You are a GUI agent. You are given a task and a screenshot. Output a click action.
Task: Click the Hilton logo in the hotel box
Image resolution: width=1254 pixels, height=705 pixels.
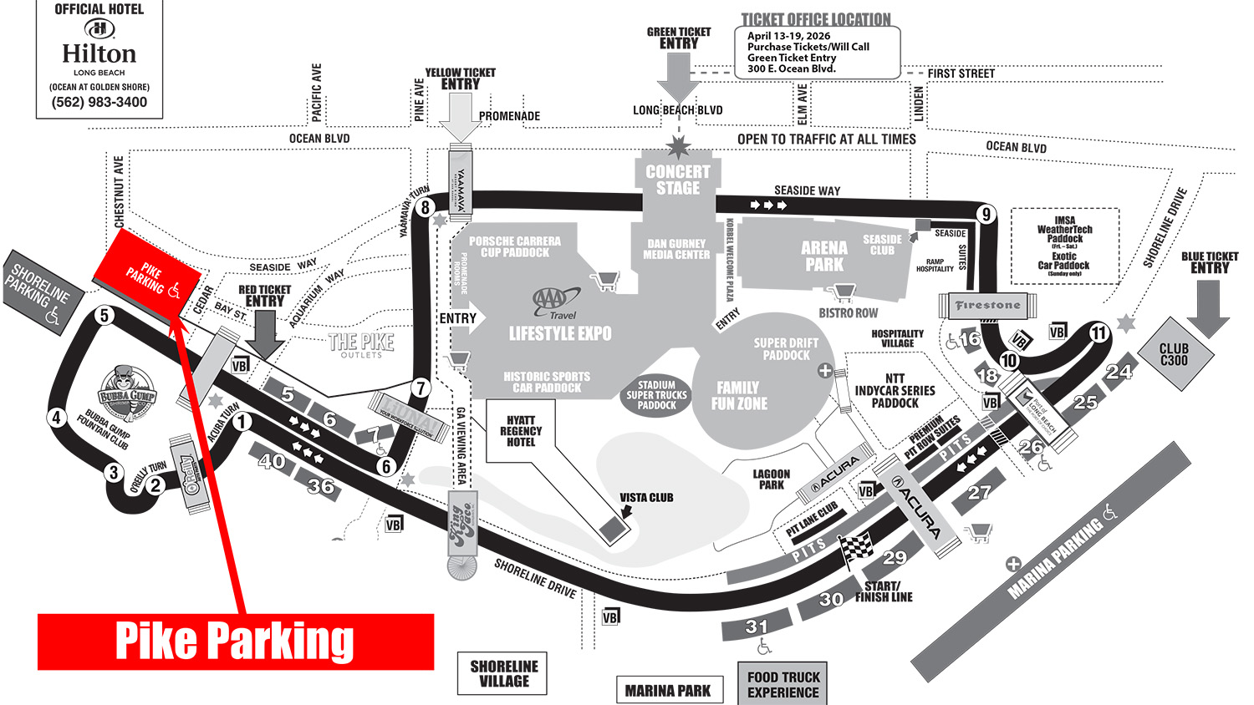pos(99,29)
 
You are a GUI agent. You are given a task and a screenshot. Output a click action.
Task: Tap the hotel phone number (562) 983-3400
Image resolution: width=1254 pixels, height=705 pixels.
pos(99,103)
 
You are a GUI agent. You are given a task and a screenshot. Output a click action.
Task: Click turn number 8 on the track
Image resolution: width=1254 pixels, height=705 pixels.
pos(426,208)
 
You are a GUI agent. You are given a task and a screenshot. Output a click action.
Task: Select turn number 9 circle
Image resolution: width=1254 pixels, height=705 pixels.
pos(986,215)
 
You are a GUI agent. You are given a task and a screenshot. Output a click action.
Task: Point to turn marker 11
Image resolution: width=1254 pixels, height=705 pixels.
pos(1099,333)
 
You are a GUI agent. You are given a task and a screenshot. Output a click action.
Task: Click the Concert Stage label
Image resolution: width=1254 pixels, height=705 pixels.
pos(678,180)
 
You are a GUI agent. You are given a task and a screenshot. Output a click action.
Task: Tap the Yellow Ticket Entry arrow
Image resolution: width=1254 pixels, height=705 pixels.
pos(460,115)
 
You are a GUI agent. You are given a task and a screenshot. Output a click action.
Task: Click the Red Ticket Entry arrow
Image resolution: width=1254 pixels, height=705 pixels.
pos(264,332)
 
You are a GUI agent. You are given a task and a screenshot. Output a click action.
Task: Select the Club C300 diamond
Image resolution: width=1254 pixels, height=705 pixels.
pos(1174,355)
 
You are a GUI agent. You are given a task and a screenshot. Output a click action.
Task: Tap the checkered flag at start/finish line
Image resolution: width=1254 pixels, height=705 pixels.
pos(855,548)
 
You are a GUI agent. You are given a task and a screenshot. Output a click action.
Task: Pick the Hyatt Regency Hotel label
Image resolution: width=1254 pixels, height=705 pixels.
pos(521,431)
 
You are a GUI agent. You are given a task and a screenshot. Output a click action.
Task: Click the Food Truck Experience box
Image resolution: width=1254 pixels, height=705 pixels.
pos(783,685)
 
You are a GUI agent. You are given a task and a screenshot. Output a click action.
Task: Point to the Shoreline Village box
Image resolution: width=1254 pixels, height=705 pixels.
pos(503,673)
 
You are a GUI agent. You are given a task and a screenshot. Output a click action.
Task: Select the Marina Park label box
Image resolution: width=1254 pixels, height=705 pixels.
pos(668,691)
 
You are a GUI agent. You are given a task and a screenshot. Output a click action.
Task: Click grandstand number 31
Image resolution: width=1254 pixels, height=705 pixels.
pos(757,627)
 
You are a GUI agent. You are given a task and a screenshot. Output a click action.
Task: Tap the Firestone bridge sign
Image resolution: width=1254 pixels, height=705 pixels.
pos(988,306)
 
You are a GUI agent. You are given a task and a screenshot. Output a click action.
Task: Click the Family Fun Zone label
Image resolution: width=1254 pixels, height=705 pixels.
pos(739,396)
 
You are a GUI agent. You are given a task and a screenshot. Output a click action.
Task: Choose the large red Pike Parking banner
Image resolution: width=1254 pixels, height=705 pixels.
pos(236,642)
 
